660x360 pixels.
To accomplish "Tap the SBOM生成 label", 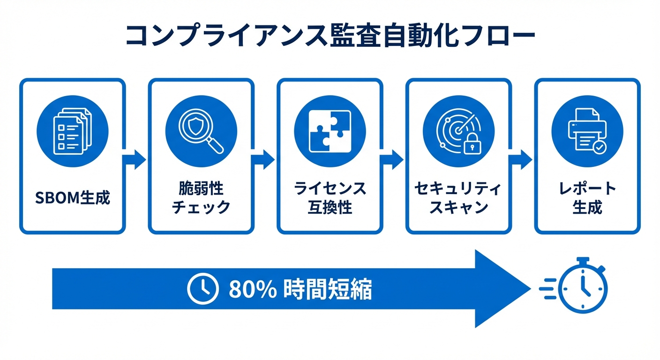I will pyautogui.click(x=73, y=198).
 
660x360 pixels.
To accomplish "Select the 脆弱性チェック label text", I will pyautogui.click(x=201, y=198).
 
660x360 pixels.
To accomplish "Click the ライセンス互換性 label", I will pyautogui.click(x=330, y=198).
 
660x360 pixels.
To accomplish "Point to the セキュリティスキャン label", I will pyautogui.click(x=458, y=198).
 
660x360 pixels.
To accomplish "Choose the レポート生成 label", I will pyautogui.click(x=587, y=198).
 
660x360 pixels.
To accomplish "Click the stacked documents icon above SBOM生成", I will pyautogui.click(x=73, y=130).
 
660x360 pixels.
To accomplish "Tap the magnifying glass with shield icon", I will pyautogui.click(x=201, y=130).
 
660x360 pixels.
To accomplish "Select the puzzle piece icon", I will pyautogui.click(x=330, y=130).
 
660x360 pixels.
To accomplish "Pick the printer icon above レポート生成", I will pyautogui.click(x=587, y=130).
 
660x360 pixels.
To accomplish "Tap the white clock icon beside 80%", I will pyautogui.click(x=203, y=288).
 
